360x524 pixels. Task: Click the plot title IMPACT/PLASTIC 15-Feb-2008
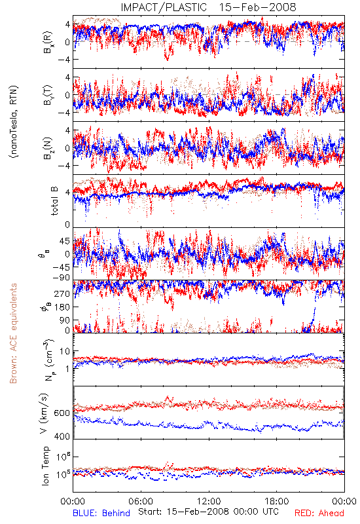point(208,7)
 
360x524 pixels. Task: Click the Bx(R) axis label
point(48,42)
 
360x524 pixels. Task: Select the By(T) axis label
point(48,95)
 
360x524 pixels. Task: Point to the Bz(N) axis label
point(48,148)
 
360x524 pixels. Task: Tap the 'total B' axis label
point(54,201)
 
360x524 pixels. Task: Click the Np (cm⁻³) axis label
point(48,360)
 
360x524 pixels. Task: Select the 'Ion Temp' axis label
point(45,466)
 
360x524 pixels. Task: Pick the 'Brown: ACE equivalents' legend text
point(13,333)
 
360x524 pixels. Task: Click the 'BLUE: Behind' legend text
point(101,513)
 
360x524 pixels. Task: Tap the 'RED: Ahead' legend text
point(319,513)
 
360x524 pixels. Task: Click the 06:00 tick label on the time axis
point(141,501)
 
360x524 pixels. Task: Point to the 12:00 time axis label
point(209,501)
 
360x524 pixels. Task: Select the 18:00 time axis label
point(277,501)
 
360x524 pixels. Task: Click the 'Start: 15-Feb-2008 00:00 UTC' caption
point(208,512)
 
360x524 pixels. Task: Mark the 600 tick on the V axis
point(62,413)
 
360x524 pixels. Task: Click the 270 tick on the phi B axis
point(62,293)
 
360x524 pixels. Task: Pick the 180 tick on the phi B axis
point(62,307)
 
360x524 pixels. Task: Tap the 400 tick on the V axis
point(62,436)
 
